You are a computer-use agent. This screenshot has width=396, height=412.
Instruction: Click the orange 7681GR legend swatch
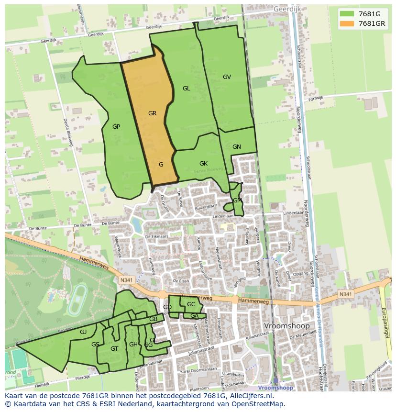pyautogui.click(x=347, y=23)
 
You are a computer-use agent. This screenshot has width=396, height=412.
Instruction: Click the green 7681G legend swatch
pyautogui.click(x=347, y=14)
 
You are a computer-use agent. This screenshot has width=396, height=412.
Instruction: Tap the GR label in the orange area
pyautogui.click(x=152, y=113)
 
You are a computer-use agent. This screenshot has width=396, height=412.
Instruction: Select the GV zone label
pyautogui.click(x=227, y=77)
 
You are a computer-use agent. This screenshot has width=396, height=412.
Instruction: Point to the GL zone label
pyautogui.click(x=186, y=88)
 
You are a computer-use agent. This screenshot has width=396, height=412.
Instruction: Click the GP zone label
pyautogui.click(x=116, y=127)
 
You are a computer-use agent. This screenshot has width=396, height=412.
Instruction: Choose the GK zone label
pyautogui.click(x=203, y=164)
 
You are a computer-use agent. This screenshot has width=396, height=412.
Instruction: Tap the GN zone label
pyautogui.click(x=236, y=147)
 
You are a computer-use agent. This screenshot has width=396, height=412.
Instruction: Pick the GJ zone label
pyautogui.click(x=83, y=332)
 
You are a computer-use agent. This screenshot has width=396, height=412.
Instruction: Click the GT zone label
pyautogui.click(x=114, y=349)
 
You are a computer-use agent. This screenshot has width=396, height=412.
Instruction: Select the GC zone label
pyautogui.click(x=191, y=304)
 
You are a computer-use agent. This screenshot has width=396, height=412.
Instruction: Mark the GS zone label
pyautogui.click(x=95, y=345)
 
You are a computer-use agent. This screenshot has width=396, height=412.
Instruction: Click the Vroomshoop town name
pyautogui.click(x=287, y=326)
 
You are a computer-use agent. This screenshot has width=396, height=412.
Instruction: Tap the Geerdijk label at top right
pyautogui.click(x=286, y=9)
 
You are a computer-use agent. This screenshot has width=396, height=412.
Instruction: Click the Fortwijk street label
pyautogui.click(x=316, y=98)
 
